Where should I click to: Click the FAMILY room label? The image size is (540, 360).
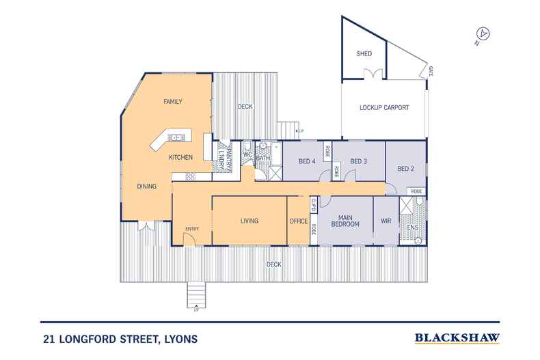point(172,102)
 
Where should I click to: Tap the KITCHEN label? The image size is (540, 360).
point(181,158)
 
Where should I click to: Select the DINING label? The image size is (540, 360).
point(146,186)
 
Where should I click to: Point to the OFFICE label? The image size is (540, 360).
point(298,221)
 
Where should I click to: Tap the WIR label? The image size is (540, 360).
point(386,221)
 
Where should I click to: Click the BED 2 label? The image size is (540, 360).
point(406,169)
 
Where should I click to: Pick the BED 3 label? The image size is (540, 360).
point(359,161)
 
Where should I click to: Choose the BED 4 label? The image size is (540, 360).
point(307,161)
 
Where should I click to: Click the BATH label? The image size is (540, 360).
point(263,158)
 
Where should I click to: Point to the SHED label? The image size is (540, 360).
point(364,53)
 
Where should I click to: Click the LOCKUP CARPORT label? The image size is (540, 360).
point(383,108)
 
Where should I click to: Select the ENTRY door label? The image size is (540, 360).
point(191,229)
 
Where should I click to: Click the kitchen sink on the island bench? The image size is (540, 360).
point(176,137)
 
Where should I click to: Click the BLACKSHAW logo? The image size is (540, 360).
point(457,337)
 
